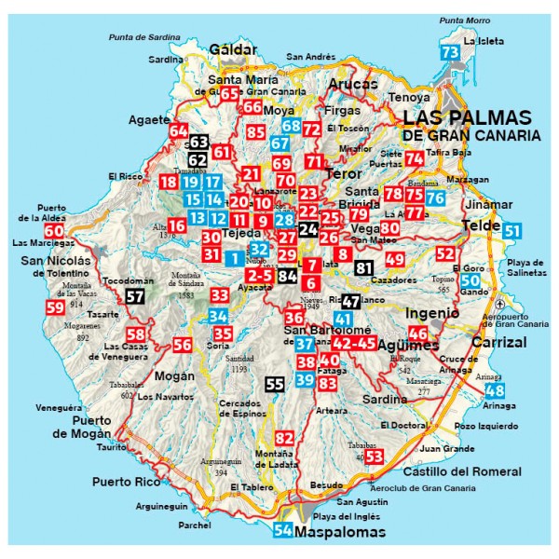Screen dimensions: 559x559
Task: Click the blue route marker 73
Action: click(x=449, y=53)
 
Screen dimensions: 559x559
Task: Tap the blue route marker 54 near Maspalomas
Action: click(x=283, y=531)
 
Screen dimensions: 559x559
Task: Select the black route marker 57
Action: click(x=135, y=297)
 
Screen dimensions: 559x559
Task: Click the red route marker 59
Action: click(x=55, y=307)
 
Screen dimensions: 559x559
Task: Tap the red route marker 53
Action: click(x=375, y=456)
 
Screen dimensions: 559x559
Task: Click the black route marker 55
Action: click(x=275, y=384)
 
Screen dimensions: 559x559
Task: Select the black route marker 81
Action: click(x=363, y=269)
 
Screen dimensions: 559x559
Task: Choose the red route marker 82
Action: click(x=284, y=438)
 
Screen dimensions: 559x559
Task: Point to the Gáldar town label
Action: click(x=233, y=48)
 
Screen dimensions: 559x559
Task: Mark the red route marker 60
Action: click(x=54, y=231)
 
